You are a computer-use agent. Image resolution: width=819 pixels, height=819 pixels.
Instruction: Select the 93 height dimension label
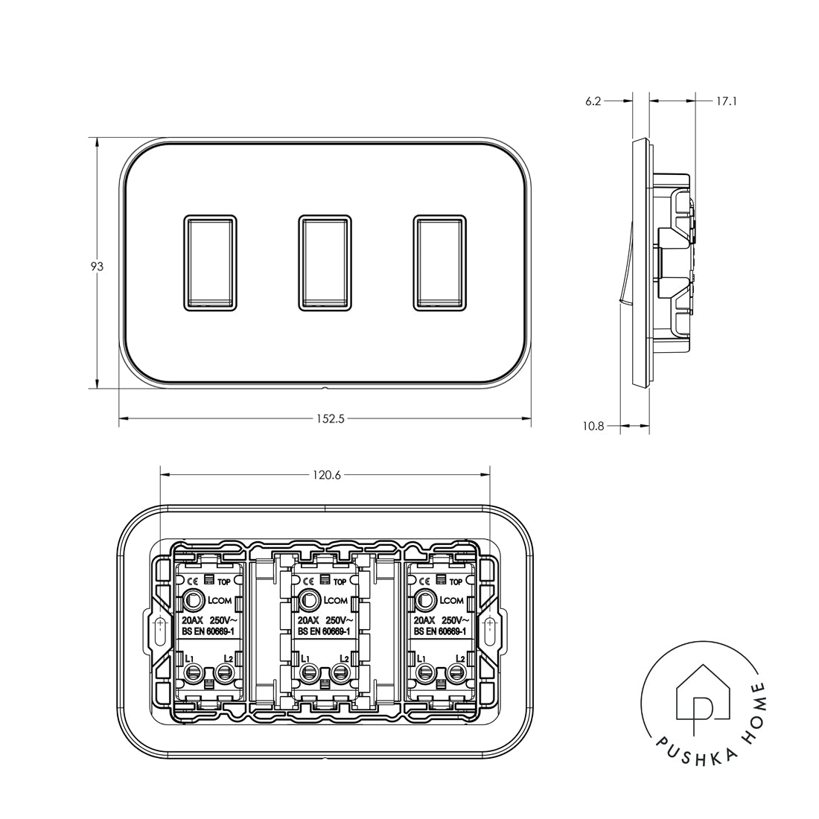(x=96, y=266)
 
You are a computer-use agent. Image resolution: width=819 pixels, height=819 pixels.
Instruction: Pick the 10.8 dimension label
(x=593, y=427)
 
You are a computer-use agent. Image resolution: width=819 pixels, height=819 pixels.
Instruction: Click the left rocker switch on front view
(x=210, y=262)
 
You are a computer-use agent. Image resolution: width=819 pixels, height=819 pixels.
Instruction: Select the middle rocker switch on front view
(x=325, y=262)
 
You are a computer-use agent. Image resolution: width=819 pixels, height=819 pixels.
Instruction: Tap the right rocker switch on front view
(x=440, y=262)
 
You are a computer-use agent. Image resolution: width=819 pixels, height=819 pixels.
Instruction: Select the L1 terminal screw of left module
(x=191, y=675)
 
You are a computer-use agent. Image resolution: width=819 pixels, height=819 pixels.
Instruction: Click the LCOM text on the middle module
(x=336, y=601)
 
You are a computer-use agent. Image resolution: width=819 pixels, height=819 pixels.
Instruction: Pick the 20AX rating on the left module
(x=192, y=620)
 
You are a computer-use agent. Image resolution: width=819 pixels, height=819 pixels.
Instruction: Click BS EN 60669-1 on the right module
(x=440, y=631)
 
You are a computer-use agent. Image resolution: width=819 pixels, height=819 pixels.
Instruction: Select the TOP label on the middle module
(x=340, y=581)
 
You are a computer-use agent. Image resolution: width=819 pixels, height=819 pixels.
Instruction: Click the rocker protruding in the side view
(x=623, y=275)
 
